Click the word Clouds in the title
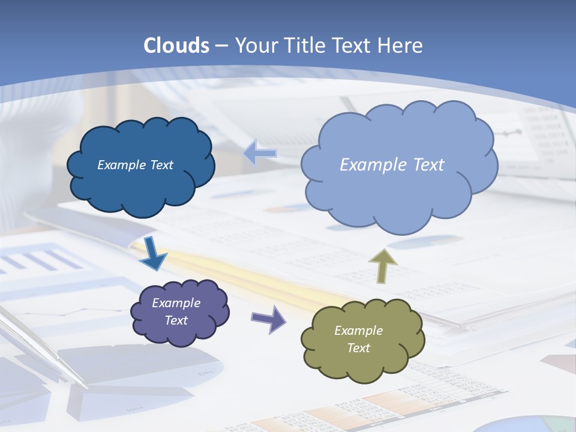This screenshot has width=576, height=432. tap(176, 46)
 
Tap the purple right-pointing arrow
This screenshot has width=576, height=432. tap(269, 319)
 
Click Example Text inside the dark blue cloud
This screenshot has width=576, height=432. tap(135, 165)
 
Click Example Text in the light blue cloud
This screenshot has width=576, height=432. tap(392, 165)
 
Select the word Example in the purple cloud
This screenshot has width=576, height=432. tap(176, 303)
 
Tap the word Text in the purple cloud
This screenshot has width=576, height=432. tap(176, 320)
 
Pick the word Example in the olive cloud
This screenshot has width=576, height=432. tap(358, 331)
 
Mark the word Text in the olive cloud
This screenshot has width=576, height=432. tap(358, 348)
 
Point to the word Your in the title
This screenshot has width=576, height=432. tap(256, 46)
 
